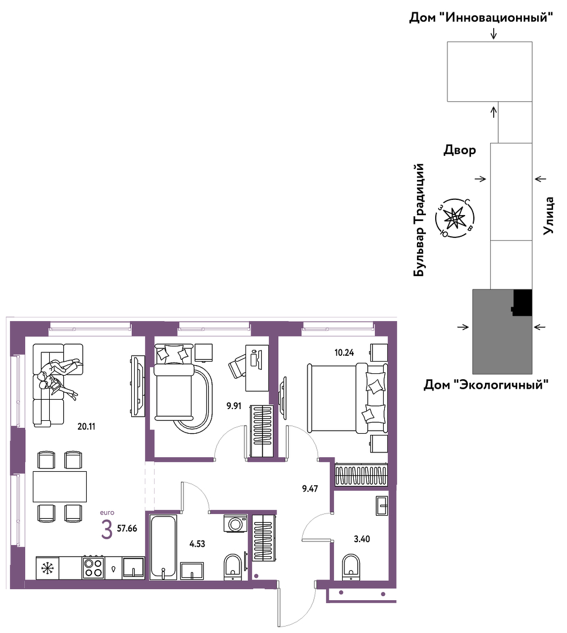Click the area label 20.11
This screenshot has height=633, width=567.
(x=86, y=426)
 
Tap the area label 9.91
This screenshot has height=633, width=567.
(x=234, y=406)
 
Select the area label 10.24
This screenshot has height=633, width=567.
(x=344, y=352)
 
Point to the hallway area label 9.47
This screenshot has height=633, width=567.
(x=310, y=488)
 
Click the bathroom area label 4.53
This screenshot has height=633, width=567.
(x=197, y=544)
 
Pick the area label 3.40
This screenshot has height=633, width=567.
(x=362, y=539)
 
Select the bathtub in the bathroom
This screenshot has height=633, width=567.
(x=163, y=547)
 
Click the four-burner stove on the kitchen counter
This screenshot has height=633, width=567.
(x=93, y=567)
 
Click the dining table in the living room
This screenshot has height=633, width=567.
(x=60, y=486)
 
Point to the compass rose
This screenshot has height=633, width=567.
(x=455, y=219)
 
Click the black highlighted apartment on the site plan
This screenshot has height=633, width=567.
(x=522, y=303)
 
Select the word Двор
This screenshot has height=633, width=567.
(x=460, y=150)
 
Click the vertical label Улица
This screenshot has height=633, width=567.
(x=548, y=216)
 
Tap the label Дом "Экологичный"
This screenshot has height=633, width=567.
(x=486, y=384)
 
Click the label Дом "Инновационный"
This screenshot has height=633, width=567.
(x=481, y=18)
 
